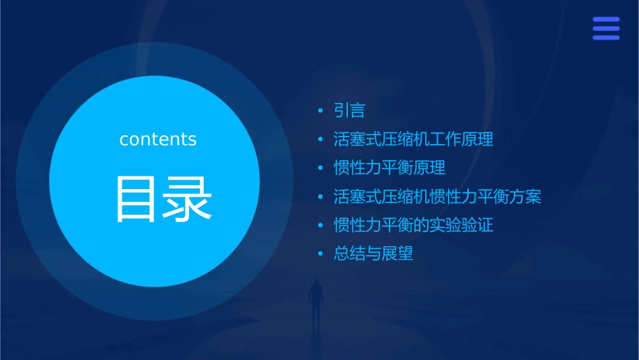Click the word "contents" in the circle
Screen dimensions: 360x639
pos(158,139)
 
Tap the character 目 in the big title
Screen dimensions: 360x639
pos(136,199)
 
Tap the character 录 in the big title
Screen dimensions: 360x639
pos(187,199)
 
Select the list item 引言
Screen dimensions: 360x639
pos(349,110)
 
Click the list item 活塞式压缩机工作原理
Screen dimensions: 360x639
pos(413,139)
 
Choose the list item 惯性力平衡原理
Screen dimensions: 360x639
pos(389,168)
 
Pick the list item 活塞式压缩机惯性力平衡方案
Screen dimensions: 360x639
pos(437,196)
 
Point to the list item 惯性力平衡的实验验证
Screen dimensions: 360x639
pos(413,225)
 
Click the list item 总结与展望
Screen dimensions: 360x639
pos(373,254)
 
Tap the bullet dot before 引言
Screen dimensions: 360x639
pos(321,110)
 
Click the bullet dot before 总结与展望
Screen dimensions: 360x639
pos(321,254)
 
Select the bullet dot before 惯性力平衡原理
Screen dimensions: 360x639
pos(321,168)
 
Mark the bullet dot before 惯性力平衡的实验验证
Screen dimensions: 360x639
pos(321,225)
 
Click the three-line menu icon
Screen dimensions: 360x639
pos(606,28)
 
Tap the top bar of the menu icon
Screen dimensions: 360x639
pos(606,20)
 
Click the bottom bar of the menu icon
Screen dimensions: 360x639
pos(606,38)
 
